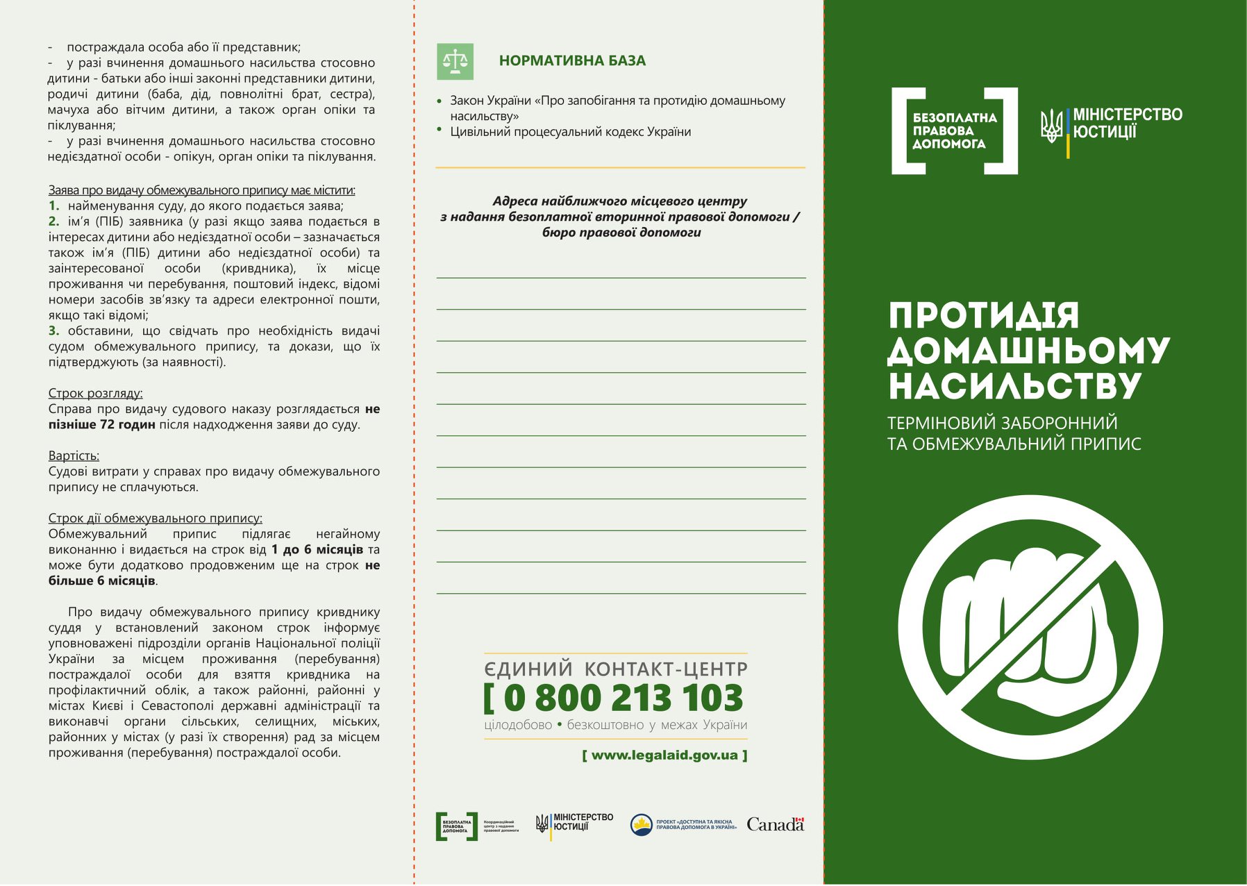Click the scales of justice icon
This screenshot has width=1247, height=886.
coord(455,62)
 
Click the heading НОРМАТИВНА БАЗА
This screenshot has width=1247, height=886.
coord(572,61)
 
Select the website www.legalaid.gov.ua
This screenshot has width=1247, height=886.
coord(664,755)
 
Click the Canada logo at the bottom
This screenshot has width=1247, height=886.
coord(775,824)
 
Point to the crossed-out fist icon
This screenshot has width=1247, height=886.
coord(1030,627)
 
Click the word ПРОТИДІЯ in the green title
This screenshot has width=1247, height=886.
coord(984,315)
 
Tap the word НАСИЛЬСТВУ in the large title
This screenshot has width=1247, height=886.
coord(1014,386)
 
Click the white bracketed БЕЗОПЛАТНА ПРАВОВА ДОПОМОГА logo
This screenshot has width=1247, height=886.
coord(954,131)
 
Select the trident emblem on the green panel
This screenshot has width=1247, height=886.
coord(1051,126)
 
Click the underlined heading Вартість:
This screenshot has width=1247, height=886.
coord(74,455)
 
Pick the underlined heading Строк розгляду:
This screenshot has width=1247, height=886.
coord(95,393)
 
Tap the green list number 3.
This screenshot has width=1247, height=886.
coord(53,331)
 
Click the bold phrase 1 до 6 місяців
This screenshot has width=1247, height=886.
coord(317,549)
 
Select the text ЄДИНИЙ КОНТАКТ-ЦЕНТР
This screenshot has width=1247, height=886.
coord(615,669)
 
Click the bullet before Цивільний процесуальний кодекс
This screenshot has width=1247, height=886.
coord(440,129)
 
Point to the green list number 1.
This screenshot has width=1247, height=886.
coord(53,206)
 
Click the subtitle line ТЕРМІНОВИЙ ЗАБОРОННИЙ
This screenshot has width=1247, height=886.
coord(1002,423)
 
